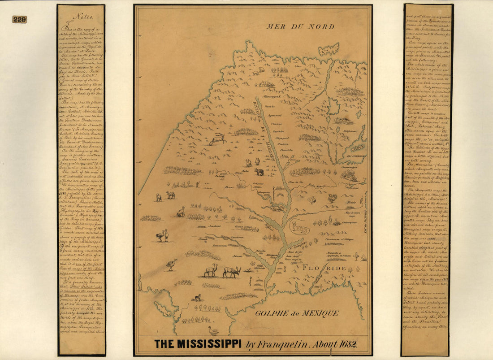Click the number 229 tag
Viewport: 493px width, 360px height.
click(19, 19)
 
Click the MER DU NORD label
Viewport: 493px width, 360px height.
click(300, 26)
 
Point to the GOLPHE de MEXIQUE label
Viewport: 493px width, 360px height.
click(297, 313)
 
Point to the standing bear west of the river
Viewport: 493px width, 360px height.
click(259, 171)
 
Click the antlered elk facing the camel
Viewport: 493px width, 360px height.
click(232, 271)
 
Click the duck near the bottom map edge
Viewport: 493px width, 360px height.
click(214, 331)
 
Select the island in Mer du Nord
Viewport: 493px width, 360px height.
click(329, 49)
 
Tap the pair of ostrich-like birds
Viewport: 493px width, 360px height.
click(162, 235)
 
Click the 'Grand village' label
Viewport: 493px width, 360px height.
click(244, 228)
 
